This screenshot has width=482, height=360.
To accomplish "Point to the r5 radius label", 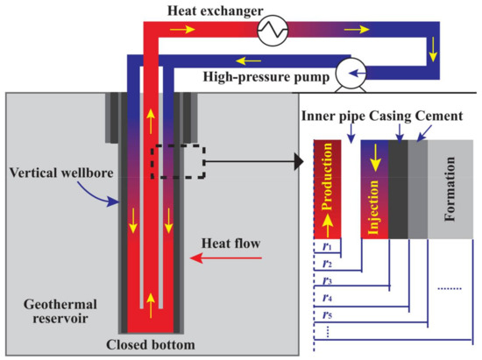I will pyautogui.click(x=326, y=314).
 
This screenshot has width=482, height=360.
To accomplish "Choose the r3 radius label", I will pyautogui.click(x=326, y=281).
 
